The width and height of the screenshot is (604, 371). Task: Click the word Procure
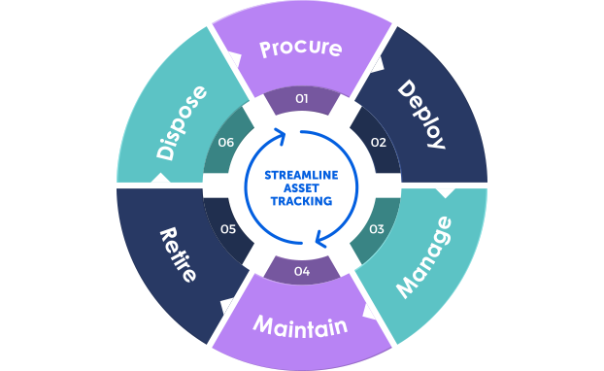(x=301, y=48)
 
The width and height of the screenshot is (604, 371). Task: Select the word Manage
(x=424, y=256)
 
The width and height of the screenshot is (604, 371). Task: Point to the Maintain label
(x=300, y=325)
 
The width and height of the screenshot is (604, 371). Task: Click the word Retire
(x=179, y=254)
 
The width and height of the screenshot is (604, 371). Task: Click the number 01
(x=302, y=98)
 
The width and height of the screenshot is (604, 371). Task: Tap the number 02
(x=379, y=143)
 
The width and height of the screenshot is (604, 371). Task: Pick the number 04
(x=301, y=271)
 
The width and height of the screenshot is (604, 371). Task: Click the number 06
(x=227, y=143)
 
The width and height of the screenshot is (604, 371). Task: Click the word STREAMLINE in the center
(x=302, y=176)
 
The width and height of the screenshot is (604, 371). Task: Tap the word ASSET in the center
(x=302, y=188)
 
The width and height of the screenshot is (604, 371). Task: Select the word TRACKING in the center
(x=302, y=201)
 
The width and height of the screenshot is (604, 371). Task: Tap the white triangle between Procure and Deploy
(x=378, y=65)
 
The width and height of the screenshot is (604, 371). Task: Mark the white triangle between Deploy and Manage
(x=445, y=193)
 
